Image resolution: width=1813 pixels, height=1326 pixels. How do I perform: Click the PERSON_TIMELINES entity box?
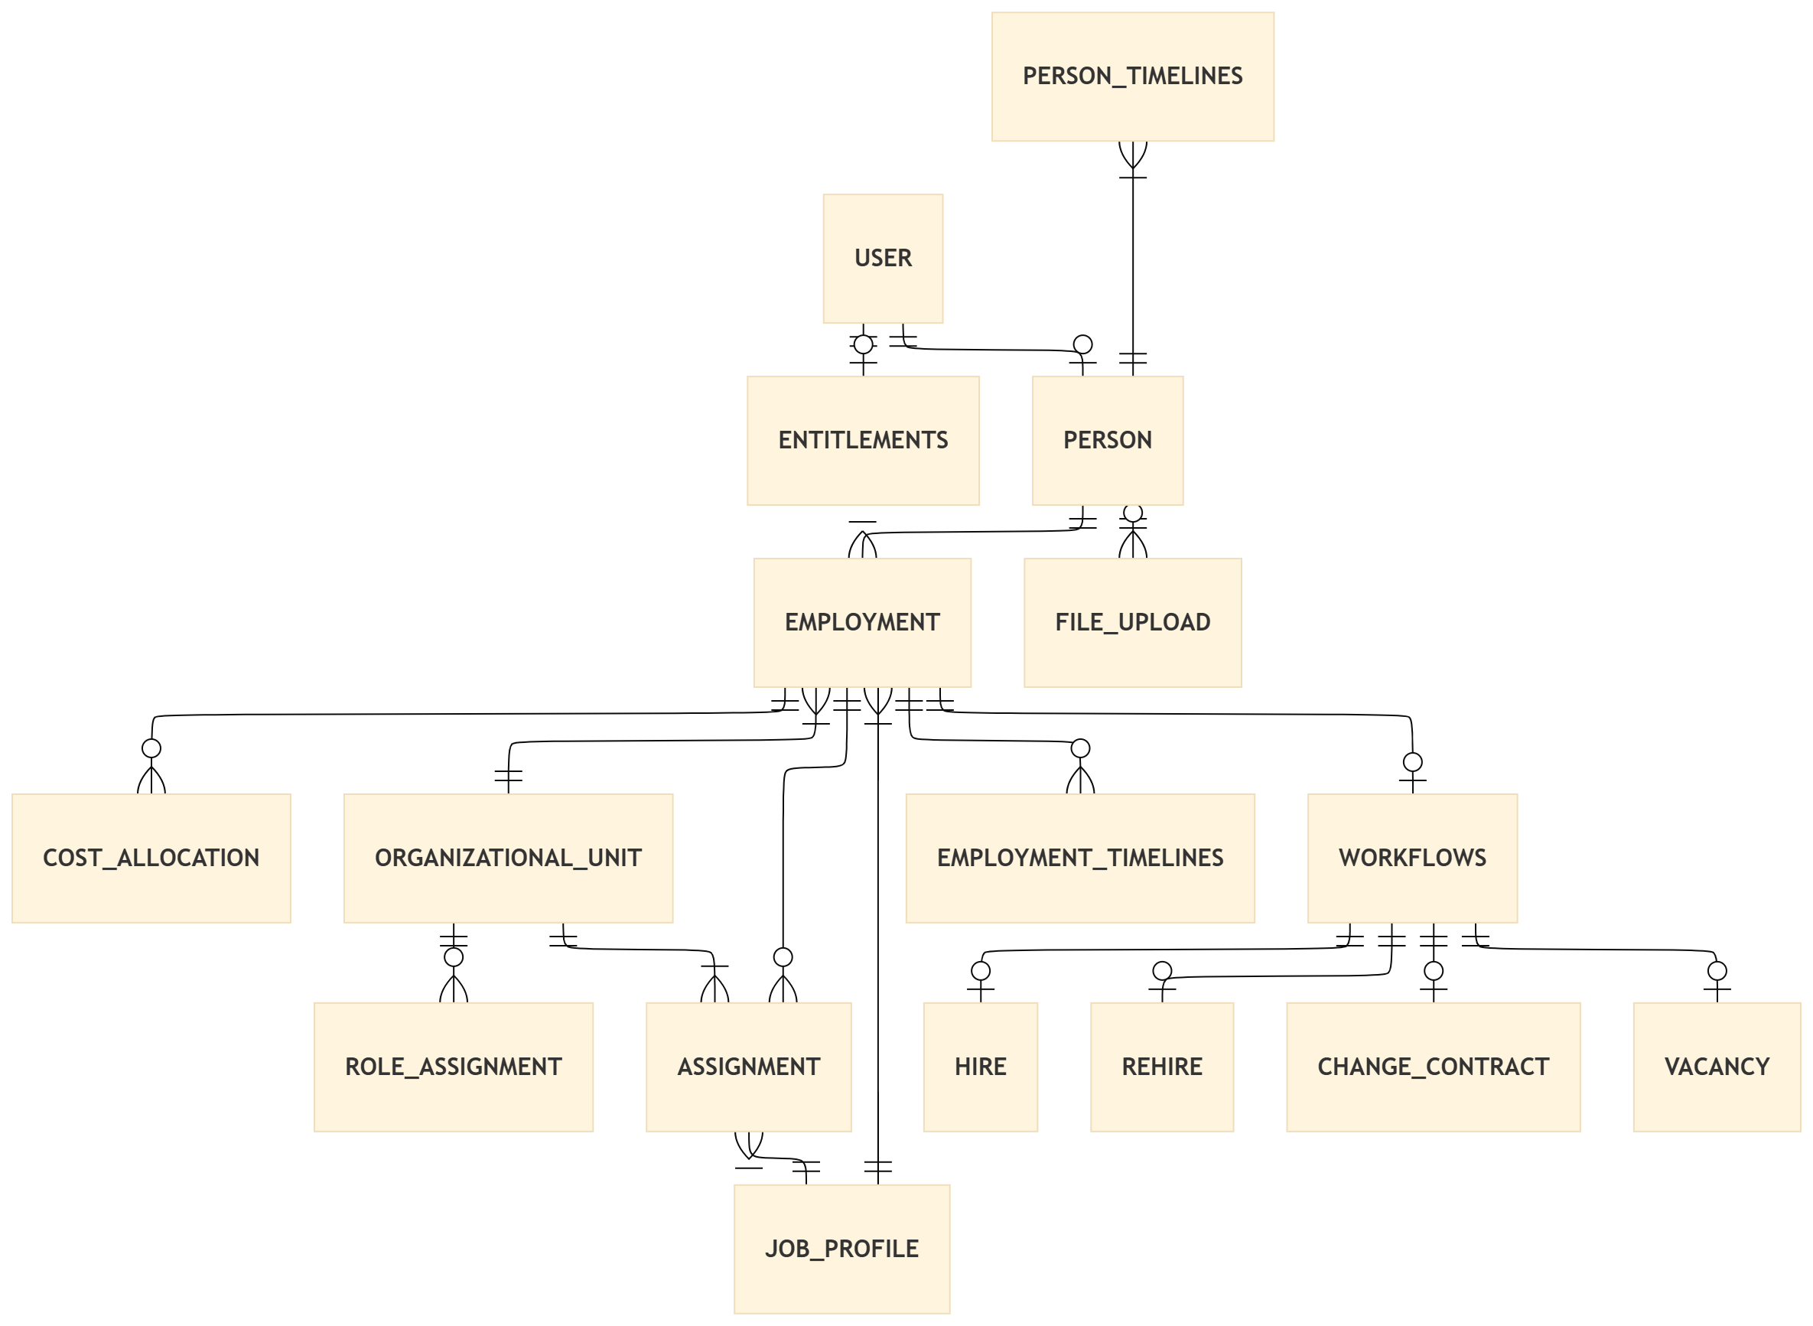(x=1131, y=77)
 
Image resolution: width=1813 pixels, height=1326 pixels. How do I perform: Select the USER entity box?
(x=882, y=258)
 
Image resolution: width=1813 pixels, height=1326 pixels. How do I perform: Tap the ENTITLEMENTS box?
(x=862, y=440)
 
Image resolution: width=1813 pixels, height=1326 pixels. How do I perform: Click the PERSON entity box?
(x=1107, y=440)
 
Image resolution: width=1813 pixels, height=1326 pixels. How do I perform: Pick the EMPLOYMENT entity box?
(x=861, y=622)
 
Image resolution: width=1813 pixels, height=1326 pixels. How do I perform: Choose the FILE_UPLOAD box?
(x=1131, y=622)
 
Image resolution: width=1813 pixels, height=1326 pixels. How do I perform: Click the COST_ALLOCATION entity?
(x=151, y=857)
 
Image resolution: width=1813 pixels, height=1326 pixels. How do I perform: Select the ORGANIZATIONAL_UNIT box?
(x=507, y=857)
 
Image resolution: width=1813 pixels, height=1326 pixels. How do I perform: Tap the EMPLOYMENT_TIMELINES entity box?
(x=1079, y=857)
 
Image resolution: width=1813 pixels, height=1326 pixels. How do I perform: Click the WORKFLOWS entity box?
(x=1411, y=857)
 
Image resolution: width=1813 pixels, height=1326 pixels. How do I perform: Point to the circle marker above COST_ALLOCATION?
(x=151, y=748)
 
